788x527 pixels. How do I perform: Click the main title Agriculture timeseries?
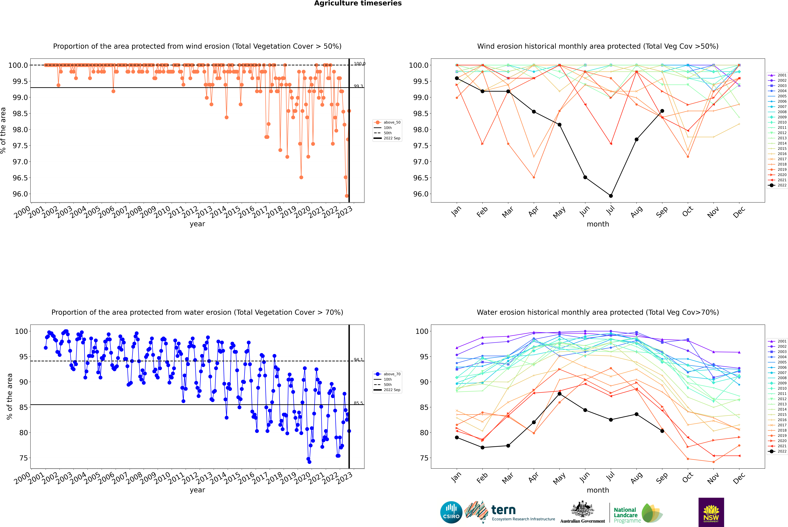[358, 3]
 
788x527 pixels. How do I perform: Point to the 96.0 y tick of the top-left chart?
[20, 194]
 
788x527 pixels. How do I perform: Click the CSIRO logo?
[451, 512]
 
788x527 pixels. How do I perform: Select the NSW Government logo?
[711, 512]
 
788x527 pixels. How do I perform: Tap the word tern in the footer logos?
[503, 510]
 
